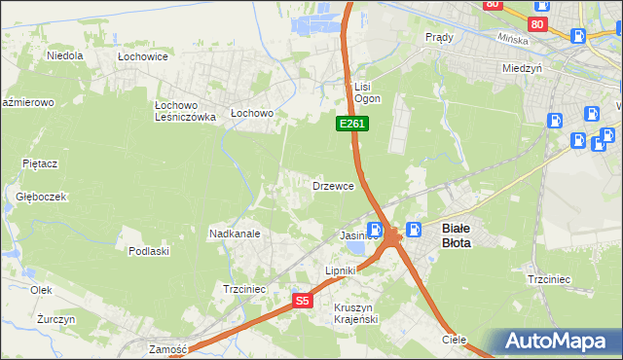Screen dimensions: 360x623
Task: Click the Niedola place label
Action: point(64,55)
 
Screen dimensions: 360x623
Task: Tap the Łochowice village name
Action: point(143,57)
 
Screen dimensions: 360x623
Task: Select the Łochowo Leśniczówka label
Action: point(185,110)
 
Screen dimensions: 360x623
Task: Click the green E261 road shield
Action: point(351,124)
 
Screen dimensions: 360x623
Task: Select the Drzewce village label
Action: point(333,185)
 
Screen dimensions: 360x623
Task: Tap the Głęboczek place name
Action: point(41,196)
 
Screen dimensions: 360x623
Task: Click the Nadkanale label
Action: point(234,234)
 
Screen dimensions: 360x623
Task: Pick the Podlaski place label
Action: point(149,251)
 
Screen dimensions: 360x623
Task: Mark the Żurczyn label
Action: point(43,318)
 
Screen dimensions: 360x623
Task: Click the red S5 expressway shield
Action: point(303,301)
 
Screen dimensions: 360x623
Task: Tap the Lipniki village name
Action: point(342,270)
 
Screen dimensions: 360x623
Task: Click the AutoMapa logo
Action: point(559,341)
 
